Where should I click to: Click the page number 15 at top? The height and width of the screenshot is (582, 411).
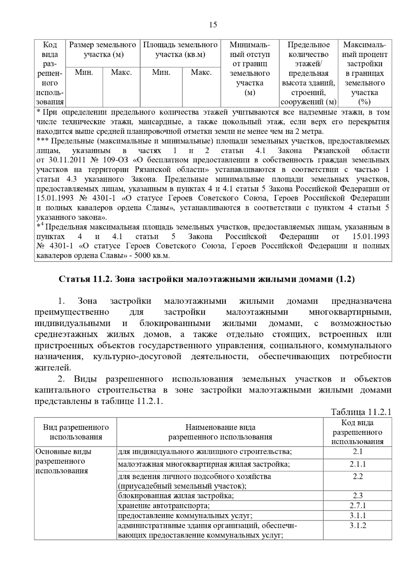pos(213,25)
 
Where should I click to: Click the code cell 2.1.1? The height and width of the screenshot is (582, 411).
pos(358,464)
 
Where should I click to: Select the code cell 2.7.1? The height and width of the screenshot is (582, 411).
pos(358,506)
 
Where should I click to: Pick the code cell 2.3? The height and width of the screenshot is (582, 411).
pos(358,496)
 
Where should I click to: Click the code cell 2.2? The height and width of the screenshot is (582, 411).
pos(358,476)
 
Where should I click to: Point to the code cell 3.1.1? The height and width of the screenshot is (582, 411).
pos(358,516)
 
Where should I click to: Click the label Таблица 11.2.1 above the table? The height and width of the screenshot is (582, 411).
pos(361,412)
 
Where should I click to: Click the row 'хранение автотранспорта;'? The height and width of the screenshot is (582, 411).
pos(164,506)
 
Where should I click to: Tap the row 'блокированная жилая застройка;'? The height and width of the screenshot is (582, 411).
pos(176,496)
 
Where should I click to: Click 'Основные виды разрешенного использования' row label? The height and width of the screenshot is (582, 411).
pos(64,461)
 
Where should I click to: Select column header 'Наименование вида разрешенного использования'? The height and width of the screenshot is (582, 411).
pos(220,432)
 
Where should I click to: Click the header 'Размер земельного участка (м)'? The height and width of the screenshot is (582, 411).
pos(102,50)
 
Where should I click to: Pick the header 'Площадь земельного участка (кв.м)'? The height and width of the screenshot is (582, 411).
pos(180,50)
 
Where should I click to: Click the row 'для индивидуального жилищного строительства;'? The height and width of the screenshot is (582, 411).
pos(205,452)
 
